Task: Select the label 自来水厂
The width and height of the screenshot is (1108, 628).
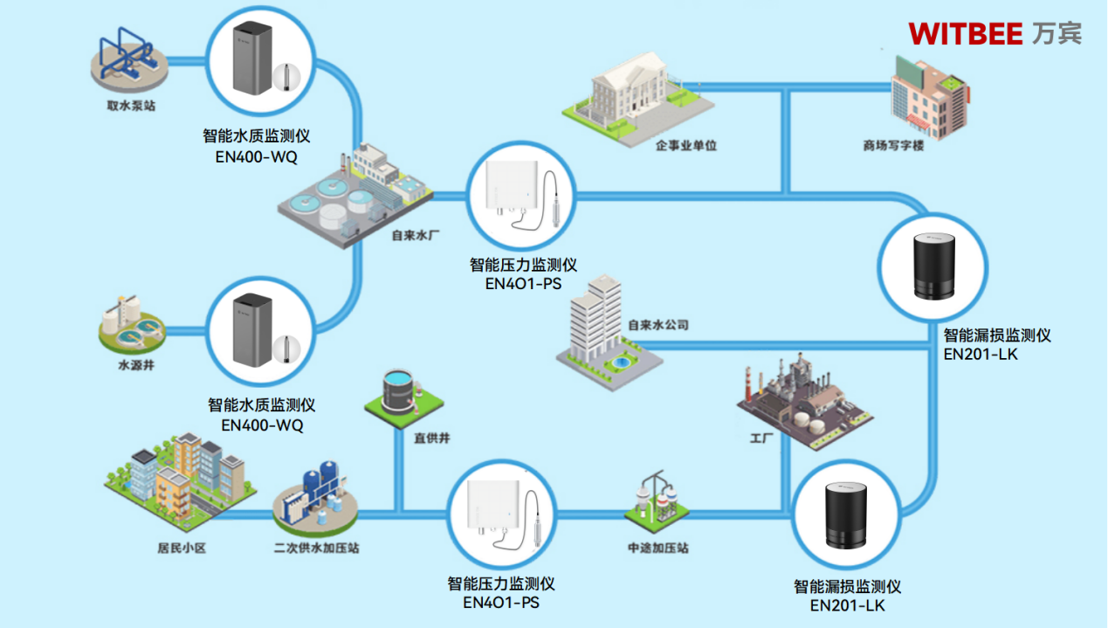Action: coord(413,234)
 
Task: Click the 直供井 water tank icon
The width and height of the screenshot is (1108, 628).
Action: coord(403,392)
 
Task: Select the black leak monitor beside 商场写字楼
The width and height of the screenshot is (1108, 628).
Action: coord(932,266)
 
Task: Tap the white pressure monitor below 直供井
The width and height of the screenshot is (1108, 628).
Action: coord(498,514)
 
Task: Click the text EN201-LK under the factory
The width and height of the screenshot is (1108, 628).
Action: coord(846,604)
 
